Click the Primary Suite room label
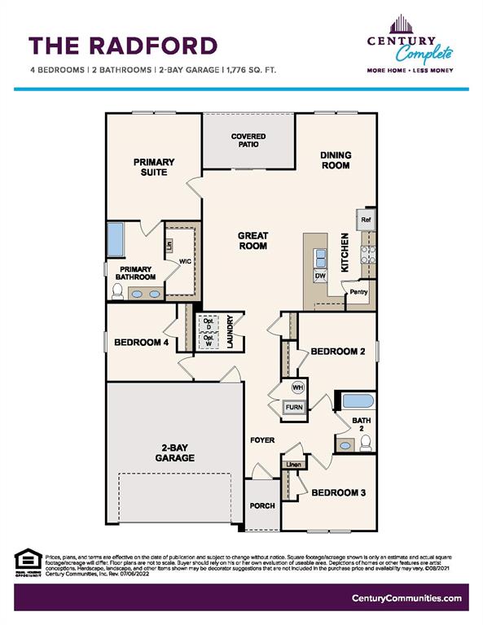[151, 167]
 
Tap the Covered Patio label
[249, 141]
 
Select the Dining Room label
[335, 160]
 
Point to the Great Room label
[252, 241]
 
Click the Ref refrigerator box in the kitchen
[366, 219]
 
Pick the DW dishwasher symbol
[319, 276]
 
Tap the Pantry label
[358, 291]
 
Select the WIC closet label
[185, 261]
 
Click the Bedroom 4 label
[141, 343]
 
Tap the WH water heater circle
[297, 387]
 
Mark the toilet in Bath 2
[366, 443]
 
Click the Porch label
[262, 505]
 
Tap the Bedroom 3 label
[338, 492]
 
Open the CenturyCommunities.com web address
[406, 598]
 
